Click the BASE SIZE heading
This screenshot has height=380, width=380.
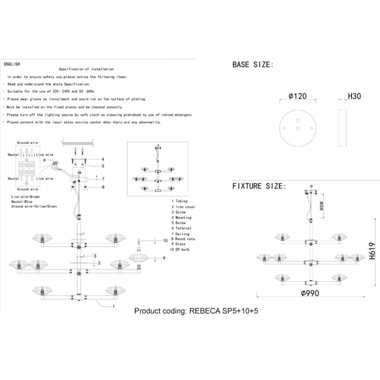pyautogui.click(x=253, y=65)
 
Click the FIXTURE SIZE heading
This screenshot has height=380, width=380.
pyautogui.click(x=258, y=186)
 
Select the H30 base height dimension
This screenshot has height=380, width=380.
pyautogui.click(x=354, y=97)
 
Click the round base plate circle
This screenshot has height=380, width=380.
pyautogui.click(x=297, y=128)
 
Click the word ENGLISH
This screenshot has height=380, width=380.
pyautogui.click(x=12, y=64)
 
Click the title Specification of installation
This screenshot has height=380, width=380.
pyautogui.click(x=86, y=69)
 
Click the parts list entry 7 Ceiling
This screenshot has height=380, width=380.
pyautogui.click(x=181, y=233)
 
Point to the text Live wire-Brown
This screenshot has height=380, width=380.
pyautogui.click(x=26, y=196)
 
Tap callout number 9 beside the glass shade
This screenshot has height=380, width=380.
pyautogui.click(x=163, y=257)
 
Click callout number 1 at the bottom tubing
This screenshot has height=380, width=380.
pyautogui.click(x=113, y=307)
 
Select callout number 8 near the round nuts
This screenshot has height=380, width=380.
pyautogui.click(x=102, y=187)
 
